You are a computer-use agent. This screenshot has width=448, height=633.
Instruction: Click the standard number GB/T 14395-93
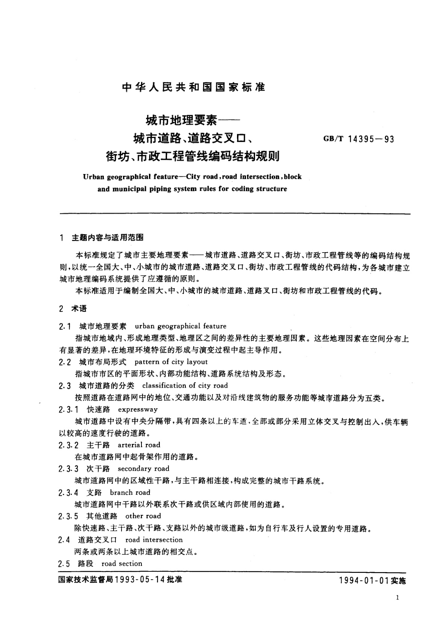point(358,139)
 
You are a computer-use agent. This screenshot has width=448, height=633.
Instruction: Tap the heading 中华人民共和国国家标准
point(194,87)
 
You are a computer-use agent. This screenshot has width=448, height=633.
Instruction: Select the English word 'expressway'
point(138,409)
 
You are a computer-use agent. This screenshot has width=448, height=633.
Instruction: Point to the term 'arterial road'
point(139,445)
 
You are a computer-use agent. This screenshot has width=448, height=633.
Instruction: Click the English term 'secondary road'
point(143,469)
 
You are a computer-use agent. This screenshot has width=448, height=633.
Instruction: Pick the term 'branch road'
point(130,492)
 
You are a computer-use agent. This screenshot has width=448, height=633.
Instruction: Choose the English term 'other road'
point(143,516)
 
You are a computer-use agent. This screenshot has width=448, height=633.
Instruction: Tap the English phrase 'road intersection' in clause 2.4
point(154,540)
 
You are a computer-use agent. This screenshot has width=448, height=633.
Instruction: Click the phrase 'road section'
point(122,563)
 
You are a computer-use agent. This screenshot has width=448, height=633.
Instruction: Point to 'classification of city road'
point(185,385)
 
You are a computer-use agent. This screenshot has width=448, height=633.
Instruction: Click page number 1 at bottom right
point(398,598)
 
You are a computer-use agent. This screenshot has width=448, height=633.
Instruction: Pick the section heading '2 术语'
point(73,309)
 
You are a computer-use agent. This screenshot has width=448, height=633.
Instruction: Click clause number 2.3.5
point(68,516)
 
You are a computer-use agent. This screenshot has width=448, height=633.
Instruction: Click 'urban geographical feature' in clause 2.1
point(181,326)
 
